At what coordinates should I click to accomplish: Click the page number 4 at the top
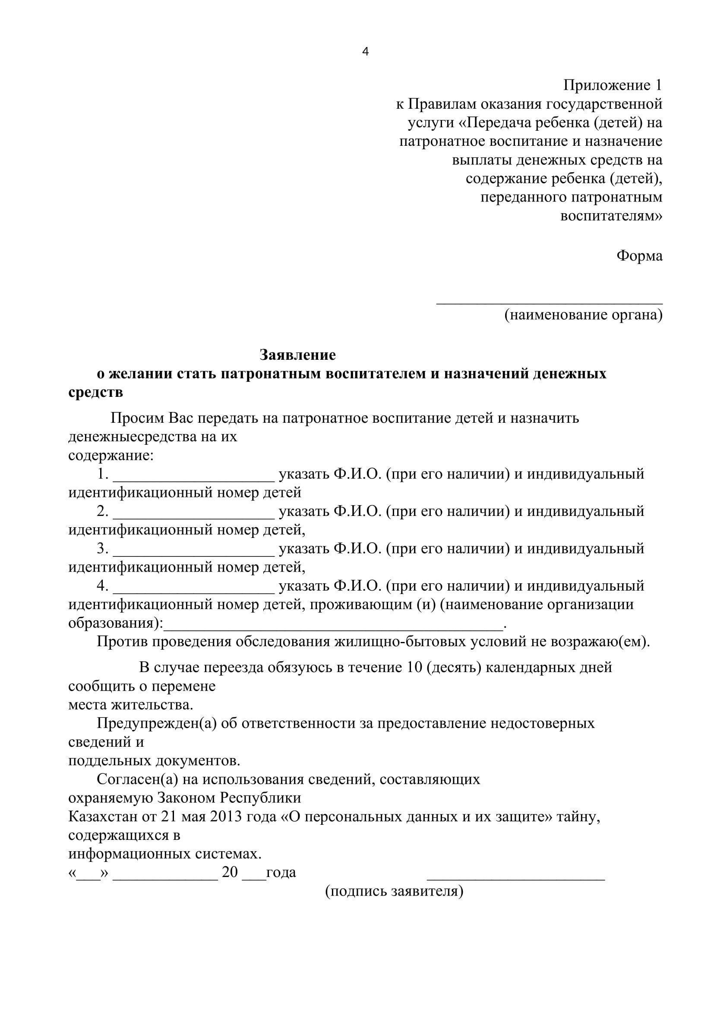pos(365,52)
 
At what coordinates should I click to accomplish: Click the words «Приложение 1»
pos(613,85)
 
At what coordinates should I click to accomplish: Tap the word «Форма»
pos(639,255)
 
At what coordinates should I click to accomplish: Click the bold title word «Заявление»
pos(298,354)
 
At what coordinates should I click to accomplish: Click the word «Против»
pos(122,642)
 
